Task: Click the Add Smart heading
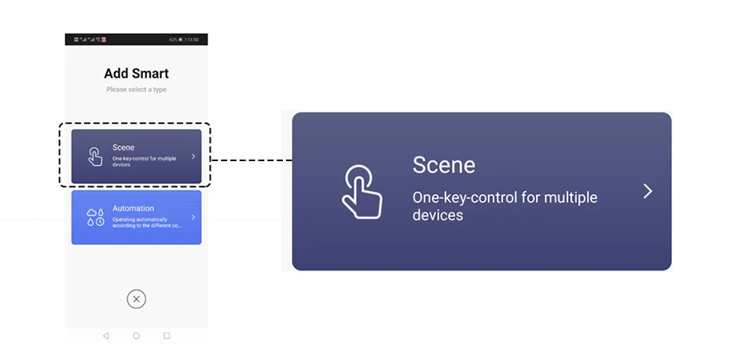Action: pyautogui.click(x=136, y=74)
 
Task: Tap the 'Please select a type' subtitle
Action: pyautogui.click(x=136, y=90)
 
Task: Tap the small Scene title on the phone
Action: pyautogui.click(x=123, y=147)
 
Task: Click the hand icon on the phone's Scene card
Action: pyautogui.click(x=95, y=156)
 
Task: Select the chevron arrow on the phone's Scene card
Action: pyautogui.click(x=193, y=156)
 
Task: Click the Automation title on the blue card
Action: pyautogui.click(x=133, y=208)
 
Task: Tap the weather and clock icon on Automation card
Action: pyautogui.click(x=95, y=218)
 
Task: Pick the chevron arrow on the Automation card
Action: pyautogui.click(x=193, y=217)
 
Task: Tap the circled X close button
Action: pyautogui.click(x=136, y=299)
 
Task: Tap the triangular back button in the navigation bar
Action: pyautogui.click(x=106, y=336)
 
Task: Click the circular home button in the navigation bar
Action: pyautogui.click(x=136, y=336)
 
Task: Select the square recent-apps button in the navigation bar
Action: pyautogui.click(x=167, y=336)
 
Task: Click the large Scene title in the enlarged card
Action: pyautogui.click(x=444, y=165)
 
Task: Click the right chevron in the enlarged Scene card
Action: pyautogui.click(x=648, y=191)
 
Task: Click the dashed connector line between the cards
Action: pyautogui.click(x=251, y=160)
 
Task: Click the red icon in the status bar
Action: pyautogui.click(x=103, y=39)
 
